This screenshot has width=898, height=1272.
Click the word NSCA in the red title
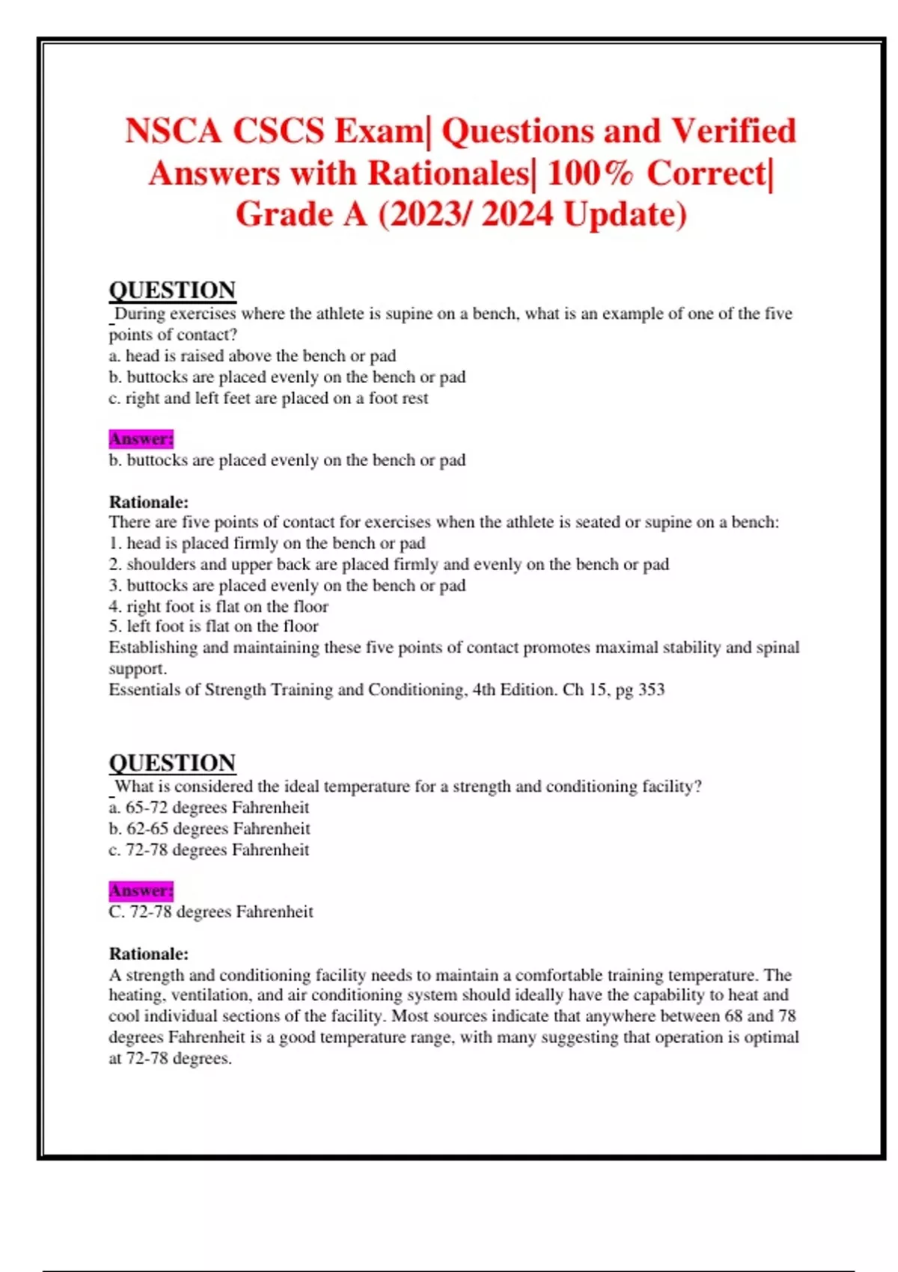point(173,131)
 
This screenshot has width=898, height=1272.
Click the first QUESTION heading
point(172,290)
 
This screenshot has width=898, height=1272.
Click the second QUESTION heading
point(172,762)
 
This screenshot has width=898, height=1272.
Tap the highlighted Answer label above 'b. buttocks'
point(141,438)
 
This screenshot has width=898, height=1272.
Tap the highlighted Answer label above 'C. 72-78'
point(141,890)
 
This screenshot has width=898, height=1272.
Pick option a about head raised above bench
point(252,356)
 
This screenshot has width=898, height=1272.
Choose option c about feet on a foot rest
point(268,398)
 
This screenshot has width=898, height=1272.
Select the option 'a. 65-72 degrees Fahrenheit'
point(209,807)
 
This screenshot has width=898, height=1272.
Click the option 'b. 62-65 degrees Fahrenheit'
point(209,828)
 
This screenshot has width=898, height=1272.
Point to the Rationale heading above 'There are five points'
point(148,501)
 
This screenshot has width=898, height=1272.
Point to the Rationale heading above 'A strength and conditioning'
point(148,953)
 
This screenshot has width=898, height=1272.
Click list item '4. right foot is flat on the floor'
point(218,606)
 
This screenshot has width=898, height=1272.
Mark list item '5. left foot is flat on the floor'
point(213,626)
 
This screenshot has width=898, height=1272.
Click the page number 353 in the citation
point(651,689)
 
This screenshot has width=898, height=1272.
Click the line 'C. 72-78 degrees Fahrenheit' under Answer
point(210,911)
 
